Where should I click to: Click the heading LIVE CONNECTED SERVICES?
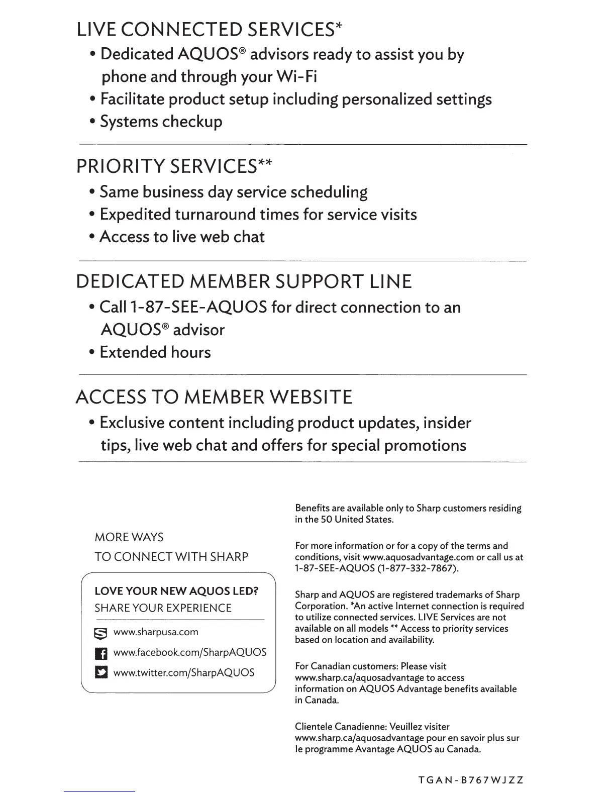pos(209,30)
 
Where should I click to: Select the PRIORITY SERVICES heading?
pos(174,166)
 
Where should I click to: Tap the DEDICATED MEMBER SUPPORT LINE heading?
pos(244,281)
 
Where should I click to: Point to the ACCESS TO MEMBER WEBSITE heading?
pos(214,397)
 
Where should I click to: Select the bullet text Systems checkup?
pos(161,122)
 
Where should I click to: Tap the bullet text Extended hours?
pos(155,352)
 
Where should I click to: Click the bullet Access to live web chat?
pos(182,237)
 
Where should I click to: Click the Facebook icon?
pos(101,653)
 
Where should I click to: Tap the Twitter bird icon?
pos(101,673)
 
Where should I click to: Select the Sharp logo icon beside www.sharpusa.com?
pos(101,633)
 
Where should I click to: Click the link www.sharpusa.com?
pos(156,632)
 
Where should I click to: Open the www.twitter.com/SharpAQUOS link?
pos(184,672)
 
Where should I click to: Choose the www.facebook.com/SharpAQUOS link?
pos(190,652)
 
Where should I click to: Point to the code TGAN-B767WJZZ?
pos(471,780)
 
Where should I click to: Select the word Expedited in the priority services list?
pos(135,215)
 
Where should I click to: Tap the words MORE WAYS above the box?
pos(129,537)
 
